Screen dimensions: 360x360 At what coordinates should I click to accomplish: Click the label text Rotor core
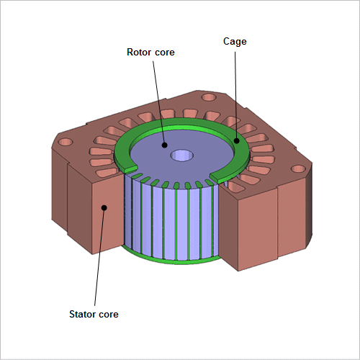coord(150,52)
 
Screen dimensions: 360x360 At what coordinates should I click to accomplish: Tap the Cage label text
coord(235,42)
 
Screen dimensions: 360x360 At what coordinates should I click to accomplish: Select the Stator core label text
coord(94,314)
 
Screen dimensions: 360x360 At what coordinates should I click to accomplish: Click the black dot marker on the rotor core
coord(164,145)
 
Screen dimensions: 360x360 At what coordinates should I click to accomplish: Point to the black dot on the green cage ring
coord(237,141)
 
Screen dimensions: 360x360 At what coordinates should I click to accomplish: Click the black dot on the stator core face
coord(104,207)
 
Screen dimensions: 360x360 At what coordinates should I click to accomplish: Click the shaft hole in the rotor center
coord(182,156)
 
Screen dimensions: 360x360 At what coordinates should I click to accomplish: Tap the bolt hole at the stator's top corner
coord(209,97)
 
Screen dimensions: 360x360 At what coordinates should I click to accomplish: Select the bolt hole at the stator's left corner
coord(66,142)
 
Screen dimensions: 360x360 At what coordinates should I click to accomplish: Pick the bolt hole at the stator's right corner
coord(298,168)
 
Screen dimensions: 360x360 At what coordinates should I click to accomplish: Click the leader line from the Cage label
coord(235,95)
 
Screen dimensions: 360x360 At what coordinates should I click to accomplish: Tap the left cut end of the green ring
coord(131,168)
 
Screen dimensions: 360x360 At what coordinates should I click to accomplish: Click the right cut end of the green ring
coord(215,177)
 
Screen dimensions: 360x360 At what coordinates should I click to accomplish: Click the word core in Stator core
coord(108,315)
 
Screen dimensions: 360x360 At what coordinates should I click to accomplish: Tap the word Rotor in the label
coord(138,52)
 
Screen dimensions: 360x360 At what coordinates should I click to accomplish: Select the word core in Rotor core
coord(164,53)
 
